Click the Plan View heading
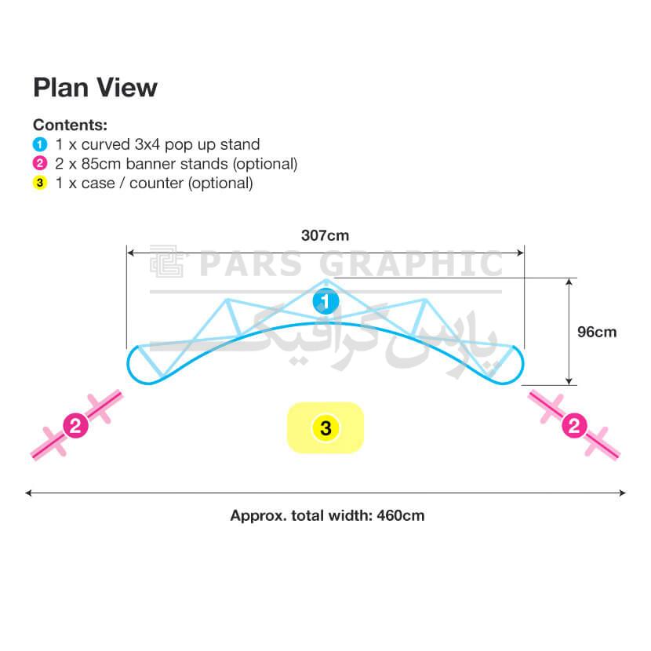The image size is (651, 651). (x=95, y=88)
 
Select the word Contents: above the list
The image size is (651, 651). (x=70, y=125)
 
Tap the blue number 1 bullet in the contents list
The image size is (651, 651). (x=40, y=144)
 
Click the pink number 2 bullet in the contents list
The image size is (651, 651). (x=40, y=164)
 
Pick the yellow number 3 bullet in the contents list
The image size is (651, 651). (x=40, y=183)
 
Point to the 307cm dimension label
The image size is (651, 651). (x=325, y=235)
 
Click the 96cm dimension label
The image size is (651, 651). (x=597, y=332)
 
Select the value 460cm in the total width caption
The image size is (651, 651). (x=401, y=515)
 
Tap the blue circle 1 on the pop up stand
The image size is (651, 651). (x=326, y=301)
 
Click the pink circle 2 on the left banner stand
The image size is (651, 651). (x=75, y=426)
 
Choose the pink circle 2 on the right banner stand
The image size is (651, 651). (x=574, y=426)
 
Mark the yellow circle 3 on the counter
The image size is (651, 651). (x=326, y=428)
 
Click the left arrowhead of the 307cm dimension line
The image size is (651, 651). (x=130, y=253)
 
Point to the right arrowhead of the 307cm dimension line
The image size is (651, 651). (x=521, y=253)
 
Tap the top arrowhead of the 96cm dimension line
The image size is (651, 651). (x=569, y=282)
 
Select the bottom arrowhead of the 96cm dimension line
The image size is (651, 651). (x=569, y=381)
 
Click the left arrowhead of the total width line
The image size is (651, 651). (x=29, y=493)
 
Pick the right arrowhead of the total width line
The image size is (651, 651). (x=622, y=493)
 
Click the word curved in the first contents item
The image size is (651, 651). (x=105, y=144)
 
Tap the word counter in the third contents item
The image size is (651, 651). (x=156, y=183)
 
